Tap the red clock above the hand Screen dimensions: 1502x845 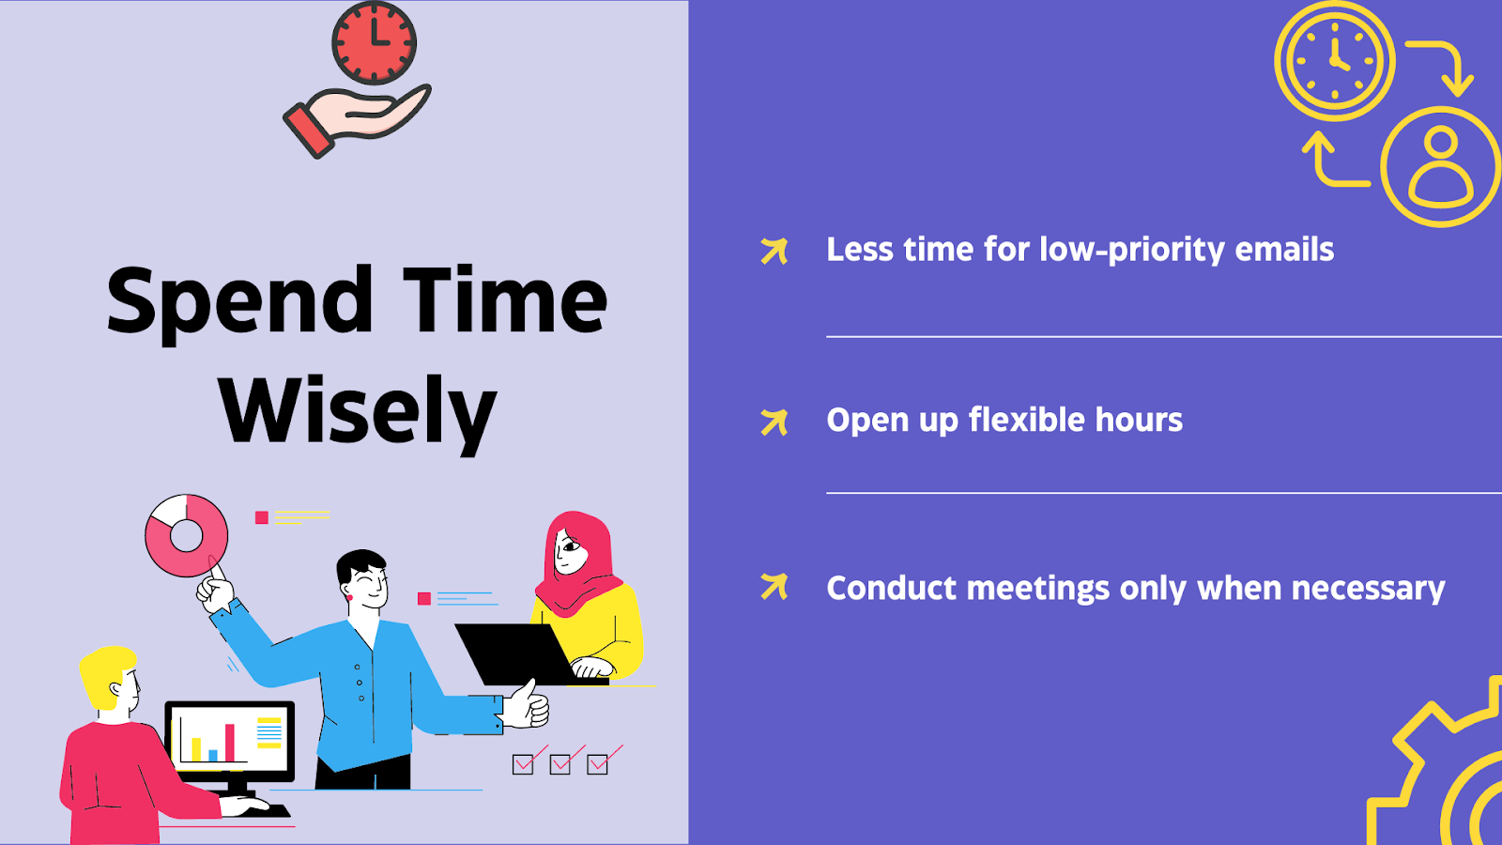click(375, 42)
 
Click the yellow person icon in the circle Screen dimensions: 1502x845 click(1441, 167)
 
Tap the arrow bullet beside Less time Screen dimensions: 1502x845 click(774, 251)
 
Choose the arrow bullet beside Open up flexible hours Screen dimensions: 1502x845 click(774, 422)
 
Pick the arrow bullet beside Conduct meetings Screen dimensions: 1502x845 click(774, 586)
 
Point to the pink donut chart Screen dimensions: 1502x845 click(187, 536)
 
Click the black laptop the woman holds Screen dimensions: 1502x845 click(517, 653)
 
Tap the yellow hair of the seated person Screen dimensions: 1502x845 click(106, 676)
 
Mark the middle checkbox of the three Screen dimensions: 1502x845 click(559, 764)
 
